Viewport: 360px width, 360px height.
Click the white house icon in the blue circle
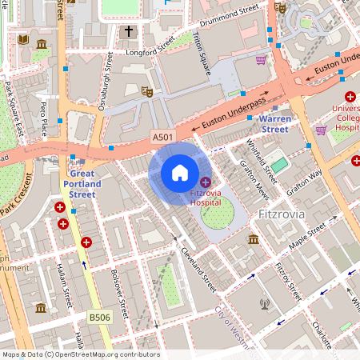(x=180, y=172)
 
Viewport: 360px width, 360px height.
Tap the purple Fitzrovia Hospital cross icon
(x=206, y=183)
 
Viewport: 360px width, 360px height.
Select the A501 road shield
(x=162, y=138)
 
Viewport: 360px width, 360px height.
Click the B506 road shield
(x=99, y=318)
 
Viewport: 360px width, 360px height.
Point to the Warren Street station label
(x=274, y=123)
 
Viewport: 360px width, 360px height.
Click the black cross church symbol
(x=129, y=32)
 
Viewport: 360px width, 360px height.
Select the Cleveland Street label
(x=198, y=267)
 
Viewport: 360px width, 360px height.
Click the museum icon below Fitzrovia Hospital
(x=253, y=239)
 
